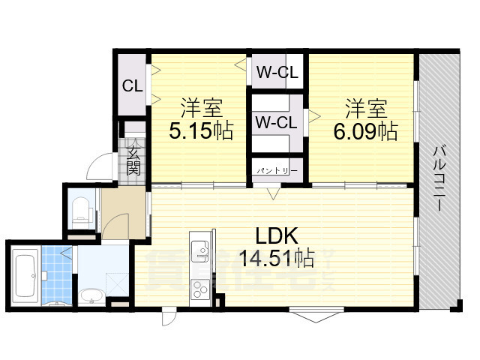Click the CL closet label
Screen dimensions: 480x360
[133, 86]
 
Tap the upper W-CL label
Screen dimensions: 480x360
[277, 73]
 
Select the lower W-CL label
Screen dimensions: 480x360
[277, 122]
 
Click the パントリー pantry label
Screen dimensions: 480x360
[277, 171]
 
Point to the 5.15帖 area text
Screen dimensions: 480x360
[202, 131]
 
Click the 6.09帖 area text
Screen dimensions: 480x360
[366, 132]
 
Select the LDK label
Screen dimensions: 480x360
[277, 235]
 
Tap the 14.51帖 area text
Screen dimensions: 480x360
[277, 258]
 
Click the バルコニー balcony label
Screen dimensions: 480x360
[439, 178]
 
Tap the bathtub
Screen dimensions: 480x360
[25, 276]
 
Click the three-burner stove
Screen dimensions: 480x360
[200, 289]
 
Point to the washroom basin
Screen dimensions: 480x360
[91, 297]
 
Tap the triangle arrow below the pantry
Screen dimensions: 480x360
[273, 193]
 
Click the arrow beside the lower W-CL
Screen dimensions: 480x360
[314, 116]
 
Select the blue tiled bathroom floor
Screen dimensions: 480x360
[57, 275]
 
